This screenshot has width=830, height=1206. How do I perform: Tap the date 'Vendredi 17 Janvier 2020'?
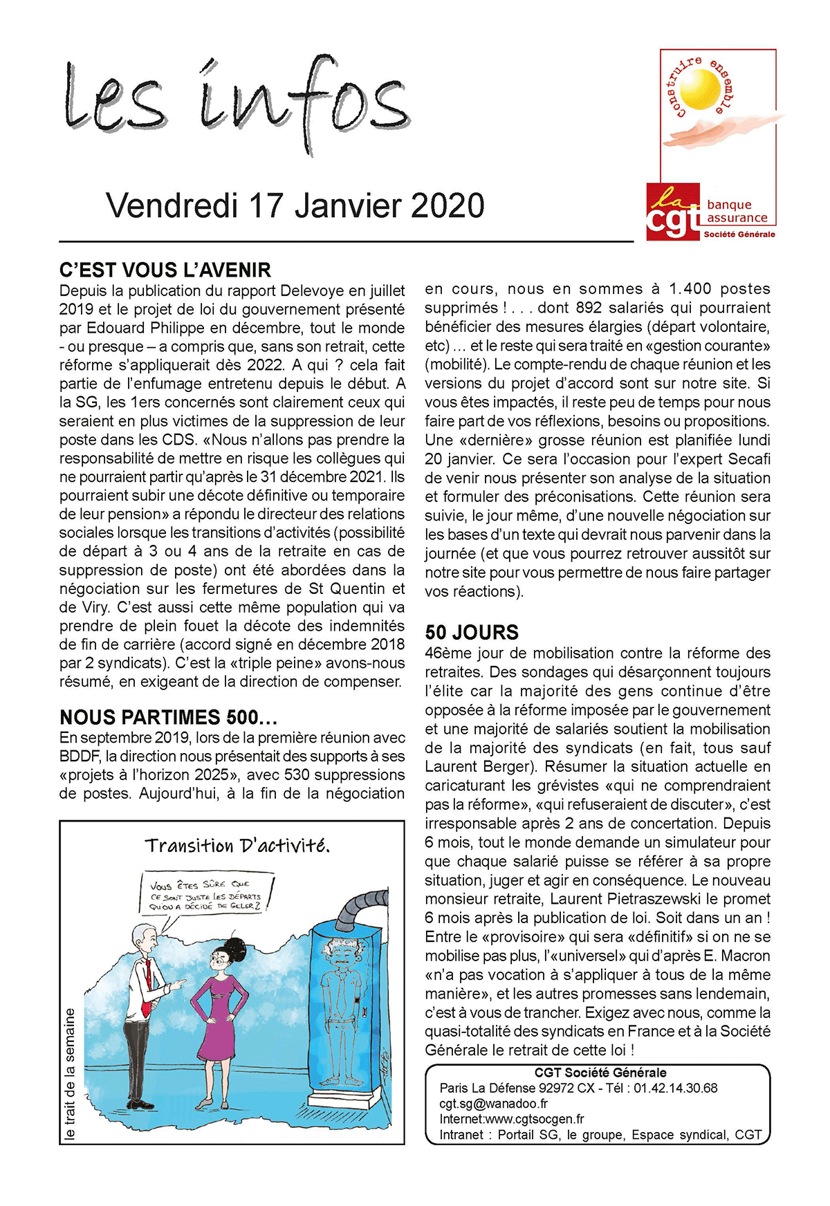[x=295, y=206]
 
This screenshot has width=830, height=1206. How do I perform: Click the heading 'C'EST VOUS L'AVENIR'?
[x=165, y=270]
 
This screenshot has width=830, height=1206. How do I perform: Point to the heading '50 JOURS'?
[x=472, y=632]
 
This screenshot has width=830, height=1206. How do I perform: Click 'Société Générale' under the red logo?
[x=739, y=234]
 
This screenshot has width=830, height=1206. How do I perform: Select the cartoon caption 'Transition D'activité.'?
[x=237, y=846]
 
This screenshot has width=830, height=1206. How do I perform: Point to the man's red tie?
[x=147, y=975]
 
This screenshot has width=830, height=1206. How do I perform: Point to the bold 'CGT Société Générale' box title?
[x=600, y=1073]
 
